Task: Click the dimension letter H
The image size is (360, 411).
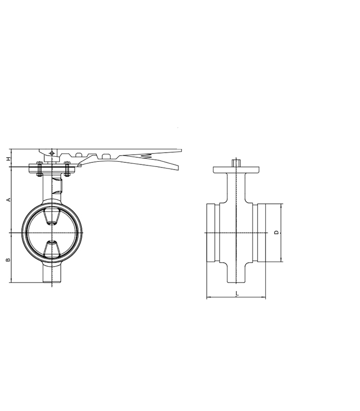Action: pos(9,159)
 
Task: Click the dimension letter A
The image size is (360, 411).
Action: pos(9,200)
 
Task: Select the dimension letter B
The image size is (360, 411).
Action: pos(8,260)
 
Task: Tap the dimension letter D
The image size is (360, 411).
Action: pos(276,233)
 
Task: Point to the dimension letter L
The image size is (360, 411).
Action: pos(237,293)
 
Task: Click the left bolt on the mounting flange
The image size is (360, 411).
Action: pos(40,169)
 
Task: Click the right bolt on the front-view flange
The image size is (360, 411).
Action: pos(67,169)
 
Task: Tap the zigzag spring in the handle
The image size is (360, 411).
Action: pos(147,156)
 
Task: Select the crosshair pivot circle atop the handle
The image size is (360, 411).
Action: pos(52,153)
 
